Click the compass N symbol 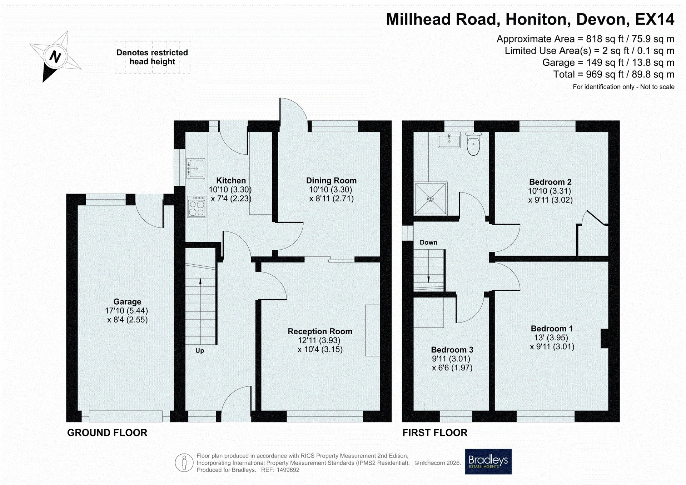point(55,57)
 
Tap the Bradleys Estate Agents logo point(488,461)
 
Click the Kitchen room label point(231,181)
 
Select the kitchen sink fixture point(195,169)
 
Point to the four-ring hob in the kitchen point(197,206)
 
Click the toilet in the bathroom point(473,144)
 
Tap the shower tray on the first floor point(431,199)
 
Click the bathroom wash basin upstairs point(449,140)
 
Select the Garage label point(127,302)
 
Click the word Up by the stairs point(200,351)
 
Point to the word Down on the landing point(428,242)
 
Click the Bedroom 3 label point(452,350)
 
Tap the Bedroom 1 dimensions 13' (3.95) point(551,337)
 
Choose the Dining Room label point(331,181)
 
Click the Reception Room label point(320,331)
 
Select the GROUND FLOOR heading point(107,433)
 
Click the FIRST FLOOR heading point(435,433)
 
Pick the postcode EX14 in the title point(655,19)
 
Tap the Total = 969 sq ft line point(613,74)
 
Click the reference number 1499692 point(288,470)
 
